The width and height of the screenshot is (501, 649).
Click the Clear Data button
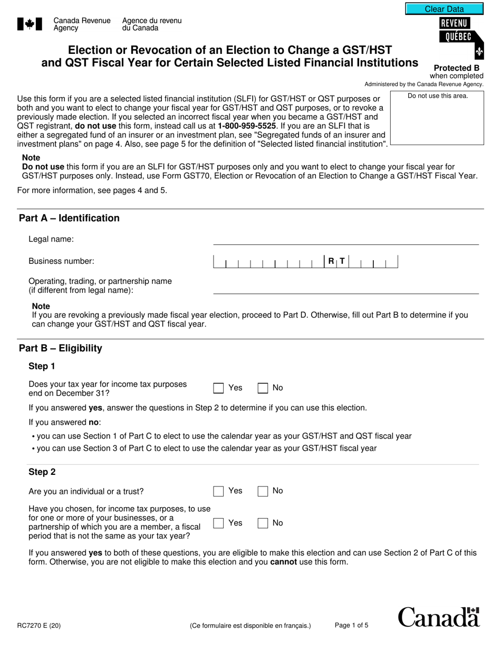click(x=444, y=9)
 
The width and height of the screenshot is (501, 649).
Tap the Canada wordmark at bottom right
click(x=439, y=617)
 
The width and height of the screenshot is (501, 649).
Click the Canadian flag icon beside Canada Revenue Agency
click(x=30, y=24)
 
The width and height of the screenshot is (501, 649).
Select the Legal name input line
click(x=345, y=240)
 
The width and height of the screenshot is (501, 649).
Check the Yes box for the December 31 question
click(x=218, y=388)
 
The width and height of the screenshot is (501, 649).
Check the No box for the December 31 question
click(x=263, y=388)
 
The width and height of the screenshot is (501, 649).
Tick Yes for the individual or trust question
click(x=218, y=491)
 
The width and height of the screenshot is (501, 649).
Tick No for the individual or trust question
click(x=263, y=491)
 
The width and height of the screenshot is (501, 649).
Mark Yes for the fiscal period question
click(x=218, y=523)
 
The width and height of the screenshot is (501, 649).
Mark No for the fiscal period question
click(x=263, y=523)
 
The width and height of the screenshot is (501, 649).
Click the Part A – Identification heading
click(x=69, y=218)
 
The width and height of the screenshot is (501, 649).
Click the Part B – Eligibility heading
click(x=61, y=348)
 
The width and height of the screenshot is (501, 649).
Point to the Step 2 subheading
click(x=42, y=472)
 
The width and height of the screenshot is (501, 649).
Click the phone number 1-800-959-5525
click(x=247, y=126)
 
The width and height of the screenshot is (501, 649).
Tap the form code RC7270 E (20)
click(x=38, y=626)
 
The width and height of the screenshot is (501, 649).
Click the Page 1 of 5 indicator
click(x=352, y=625)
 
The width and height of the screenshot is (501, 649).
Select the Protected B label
click(x=456, y=68)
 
